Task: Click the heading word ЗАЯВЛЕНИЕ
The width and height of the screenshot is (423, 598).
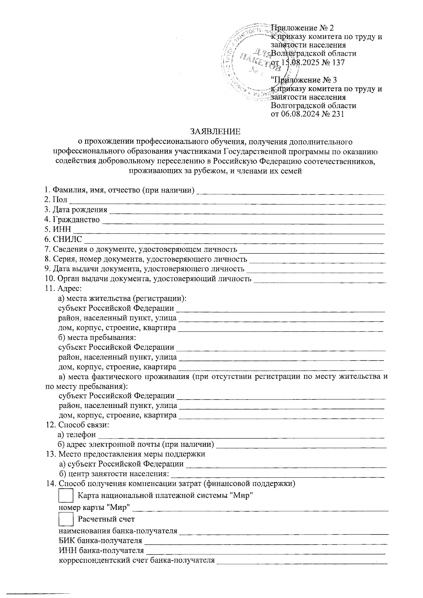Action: [215, 132]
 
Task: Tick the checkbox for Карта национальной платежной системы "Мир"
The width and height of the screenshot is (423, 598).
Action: [66, 495]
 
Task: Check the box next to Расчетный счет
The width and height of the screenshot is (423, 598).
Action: [66, 519]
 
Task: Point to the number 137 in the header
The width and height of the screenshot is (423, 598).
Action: [338, 62]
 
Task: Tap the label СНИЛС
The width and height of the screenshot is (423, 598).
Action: [67, 239]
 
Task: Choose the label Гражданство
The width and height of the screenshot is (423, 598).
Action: [76, 220]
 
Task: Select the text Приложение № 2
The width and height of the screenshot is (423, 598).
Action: [302, 28]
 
